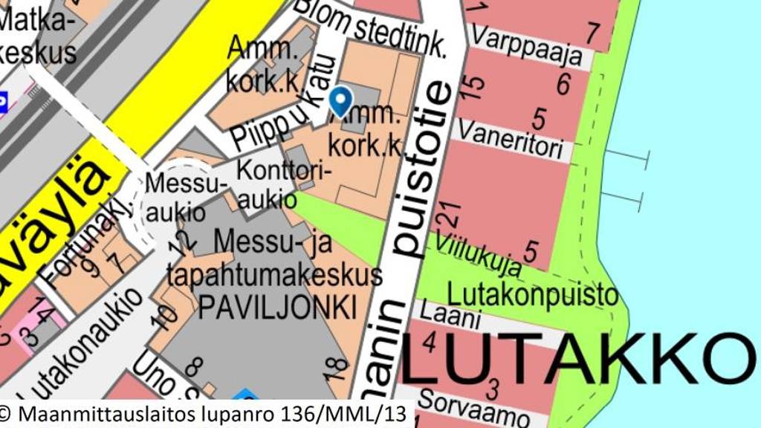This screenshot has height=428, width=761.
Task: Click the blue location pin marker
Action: pos(341,101)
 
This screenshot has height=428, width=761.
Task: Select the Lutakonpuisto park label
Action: pos(533,294)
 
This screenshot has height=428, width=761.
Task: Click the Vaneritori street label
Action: pos(510,138)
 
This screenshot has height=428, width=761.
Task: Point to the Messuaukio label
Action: pos(175,198)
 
